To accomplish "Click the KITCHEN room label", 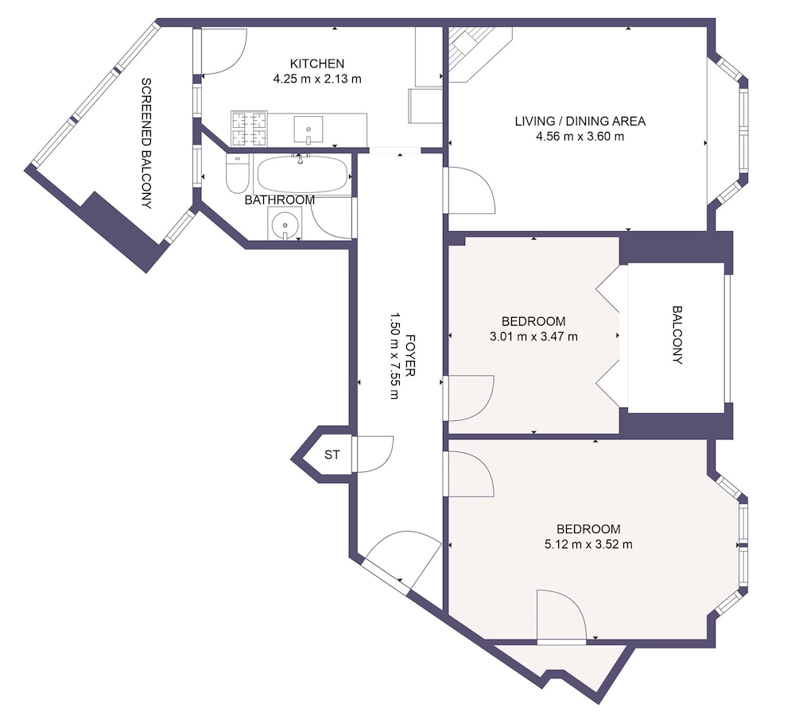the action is (317, 64).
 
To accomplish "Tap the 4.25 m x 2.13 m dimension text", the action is (317, 79).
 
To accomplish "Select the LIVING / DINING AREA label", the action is (580, 122).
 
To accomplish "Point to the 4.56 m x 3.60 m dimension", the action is (580, 137).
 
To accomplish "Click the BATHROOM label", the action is (279, 200).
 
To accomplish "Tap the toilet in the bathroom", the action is (237, 174).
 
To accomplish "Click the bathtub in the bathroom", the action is (303, 174).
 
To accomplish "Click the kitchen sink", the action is (308, 130).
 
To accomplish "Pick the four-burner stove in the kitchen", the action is (249, 128).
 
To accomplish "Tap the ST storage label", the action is (332, 455).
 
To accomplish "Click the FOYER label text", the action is (410, 355).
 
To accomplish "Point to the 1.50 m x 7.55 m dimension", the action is (394, 355).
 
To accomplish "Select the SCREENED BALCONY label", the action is (146, 143).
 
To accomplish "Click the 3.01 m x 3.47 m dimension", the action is (533, 337).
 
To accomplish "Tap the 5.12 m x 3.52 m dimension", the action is (588, 545).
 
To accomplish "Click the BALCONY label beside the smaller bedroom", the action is (677, 335).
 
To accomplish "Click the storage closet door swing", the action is (375, 454).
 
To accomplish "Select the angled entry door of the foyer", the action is (401, 563).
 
